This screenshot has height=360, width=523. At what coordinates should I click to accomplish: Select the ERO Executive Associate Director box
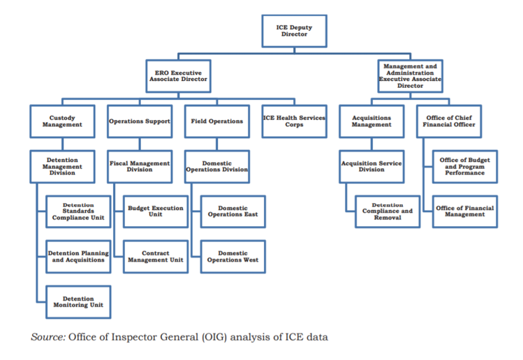(x=178, y=75)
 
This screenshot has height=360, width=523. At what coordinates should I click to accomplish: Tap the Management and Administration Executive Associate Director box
(x=411, y=75)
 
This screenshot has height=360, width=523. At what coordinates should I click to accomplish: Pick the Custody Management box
(x=61, y=121)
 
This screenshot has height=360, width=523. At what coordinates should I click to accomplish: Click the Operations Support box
(x=140, y=121)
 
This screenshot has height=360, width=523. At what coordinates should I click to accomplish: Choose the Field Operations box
(x=217, y=121)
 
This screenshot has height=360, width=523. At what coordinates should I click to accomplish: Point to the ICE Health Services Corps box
(x=294, y=121)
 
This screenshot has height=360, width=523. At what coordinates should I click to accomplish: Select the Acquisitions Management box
(x=371, y=121)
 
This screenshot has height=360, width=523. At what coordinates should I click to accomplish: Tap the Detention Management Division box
(x=61, y=166)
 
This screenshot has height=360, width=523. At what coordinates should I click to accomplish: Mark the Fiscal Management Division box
(x=140, y=166)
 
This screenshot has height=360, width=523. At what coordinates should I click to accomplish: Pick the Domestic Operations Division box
(x=217, y=166)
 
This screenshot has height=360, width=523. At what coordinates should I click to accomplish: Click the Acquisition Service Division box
(x=371, y=166)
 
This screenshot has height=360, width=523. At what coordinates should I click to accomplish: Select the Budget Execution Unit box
(x=155, y=211)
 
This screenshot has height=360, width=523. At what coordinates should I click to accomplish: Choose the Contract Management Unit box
(x=155, y=257)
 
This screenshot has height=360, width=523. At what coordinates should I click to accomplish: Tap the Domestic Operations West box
(x=233, y=257)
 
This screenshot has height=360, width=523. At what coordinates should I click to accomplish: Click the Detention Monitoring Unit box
(x=78, y=301)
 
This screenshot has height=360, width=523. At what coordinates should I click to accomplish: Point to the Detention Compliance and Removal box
(x=388, y=211)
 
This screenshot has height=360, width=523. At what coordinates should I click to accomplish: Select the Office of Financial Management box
(x=464, y=211)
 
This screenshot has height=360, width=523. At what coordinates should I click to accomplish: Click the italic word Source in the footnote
(x=47, y=337)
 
